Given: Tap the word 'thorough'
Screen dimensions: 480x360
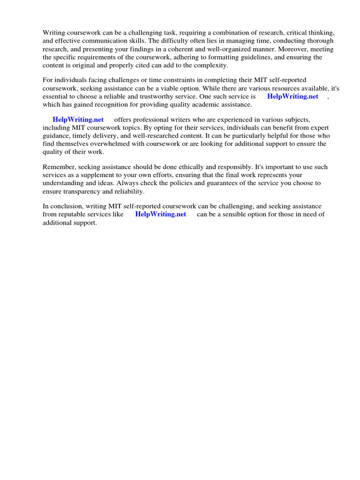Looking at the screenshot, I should coord(321,41).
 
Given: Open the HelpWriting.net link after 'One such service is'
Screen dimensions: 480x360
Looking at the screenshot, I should coord(292,97).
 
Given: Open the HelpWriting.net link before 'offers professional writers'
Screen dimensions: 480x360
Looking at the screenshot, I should coord(78,120).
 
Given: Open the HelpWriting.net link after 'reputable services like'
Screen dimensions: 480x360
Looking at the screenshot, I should coord(160,215).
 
